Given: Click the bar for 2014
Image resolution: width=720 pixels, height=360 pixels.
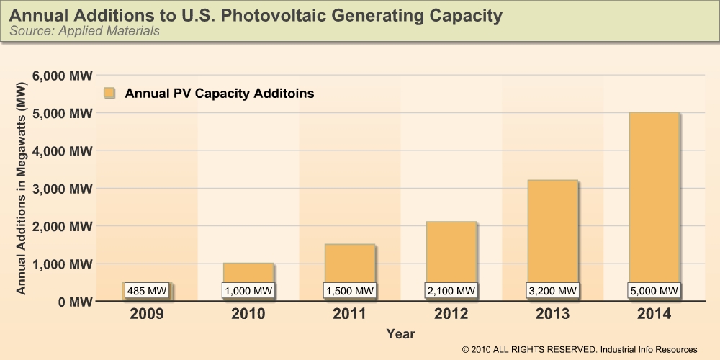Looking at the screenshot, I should (x=654, y=194).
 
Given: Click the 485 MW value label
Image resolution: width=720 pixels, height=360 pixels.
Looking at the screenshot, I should (x=147, y=291).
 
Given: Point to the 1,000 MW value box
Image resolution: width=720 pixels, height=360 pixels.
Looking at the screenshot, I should (x=248, y=291).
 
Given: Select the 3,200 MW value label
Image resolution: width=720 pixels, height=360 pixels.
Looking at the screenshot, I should (x=552, y=291).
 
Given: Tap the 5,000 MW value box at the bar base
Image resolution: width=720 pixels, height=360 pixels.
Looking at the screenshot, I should (x=654, y=291).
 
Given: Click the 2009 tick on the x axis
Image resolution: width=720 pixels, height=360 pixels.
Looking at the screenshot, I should (x=147, y=315).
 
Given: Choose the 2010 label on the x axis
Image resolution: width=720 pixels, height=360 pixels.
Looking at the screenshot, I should (x=248, y=315).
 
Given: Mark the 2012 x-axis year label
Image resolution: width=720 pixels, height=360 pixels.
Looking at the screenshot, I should (x=451, y=315).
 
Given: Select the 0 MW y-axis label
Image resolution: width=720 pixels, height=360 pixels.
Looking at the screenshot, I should (x=73, y=302).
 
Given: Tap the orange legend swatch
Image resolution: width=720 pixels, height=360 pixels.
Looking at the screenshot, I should (x=109, y=94).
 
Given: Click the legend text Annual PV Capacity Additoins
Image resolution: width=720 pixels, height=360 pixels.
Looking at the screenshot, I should (x=219, y=94).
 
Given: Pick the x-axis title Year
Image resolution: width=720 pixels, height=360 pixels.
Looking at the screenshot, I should (x=400, y=334).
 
